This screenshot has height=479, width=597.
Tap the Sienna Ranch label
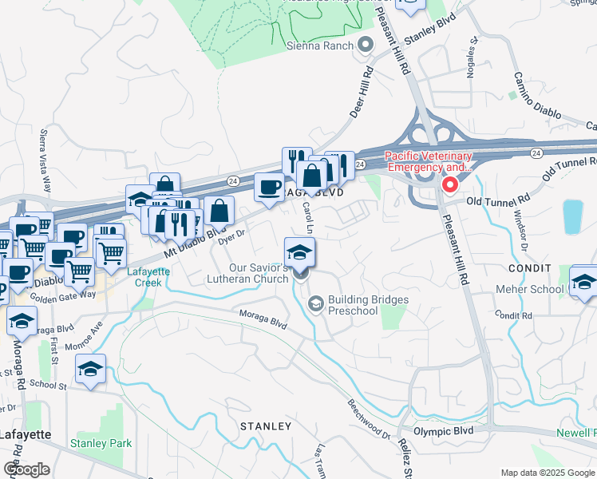325,46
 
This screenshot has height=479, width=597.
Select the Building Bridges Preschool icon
316,303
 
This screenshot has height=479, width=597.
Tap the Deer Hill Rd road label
362,92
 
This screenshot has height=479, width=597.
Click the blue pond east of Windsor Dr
572,216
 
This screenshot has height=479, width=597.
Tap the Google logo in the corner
26,469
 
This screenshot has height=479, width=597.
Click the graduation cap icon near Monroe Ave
91,369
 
